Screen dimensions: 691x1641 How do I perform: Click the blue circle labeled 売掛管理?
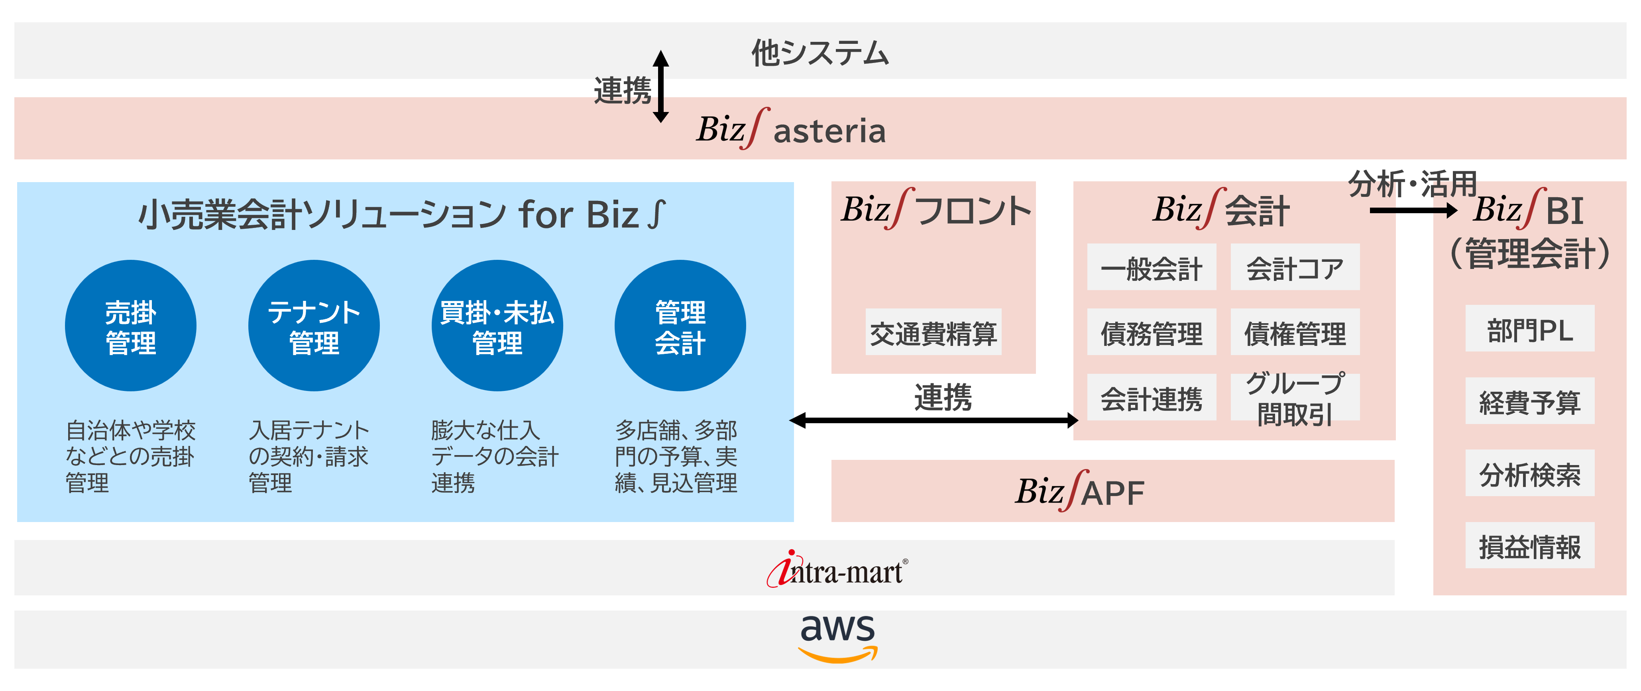(x=131, y=326)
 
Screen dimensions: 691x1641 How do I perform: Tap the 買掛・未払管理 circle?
(x=497, y=326)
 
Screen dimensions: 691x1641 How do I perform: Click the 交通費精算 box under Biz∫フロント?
(x=933, y=332)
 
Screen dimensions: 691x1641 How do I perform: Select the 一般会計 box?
(x=1151, y=267)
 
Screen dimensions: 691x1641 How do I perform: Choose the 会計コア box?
(x=1295, y=267)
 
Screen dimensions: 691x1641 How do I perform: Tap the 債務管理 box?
(x=1151, y=332)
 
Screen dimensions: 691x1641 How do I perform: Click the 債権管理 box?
(x=1295, y=332)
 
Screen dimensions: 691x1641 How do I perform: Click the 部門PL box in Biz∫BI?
(x=1529, y=329)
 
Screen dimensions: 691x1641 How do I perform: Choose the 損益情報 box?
(x=1529, y=546)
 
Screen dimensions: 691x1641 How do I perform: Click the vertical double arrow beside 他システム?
(x=661, y=86)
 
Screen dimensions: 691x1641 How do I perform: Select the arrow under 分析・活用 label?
(x=1413, y=210)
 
